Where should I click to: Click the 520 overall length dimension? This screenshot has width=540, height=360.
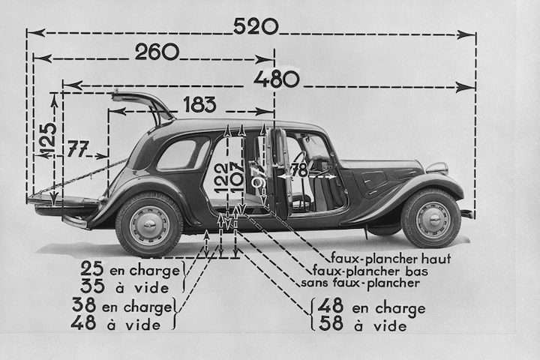[255, 26]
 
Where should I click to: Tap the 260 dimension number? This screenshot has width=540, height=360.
[157, 52]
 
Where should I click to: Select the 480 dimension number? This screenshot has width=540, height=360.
[277, 79]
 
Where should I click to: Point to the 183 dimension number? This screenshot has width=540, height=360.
[199, 104]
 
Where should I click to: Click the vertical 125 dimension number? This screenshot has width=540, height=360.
[47, 140]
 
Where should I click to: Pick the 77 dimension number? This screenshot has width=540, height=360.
[78, 148]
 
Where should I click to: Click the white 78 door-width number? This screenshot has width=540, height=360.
[299, 170]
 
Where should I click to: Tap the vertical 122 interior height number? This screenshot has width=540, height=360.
[221, 178]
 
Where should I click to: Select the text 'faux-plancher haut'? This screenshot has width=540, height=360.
[391, 258]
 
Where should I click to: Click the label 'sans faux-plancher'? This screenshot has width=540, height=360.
[360, 283]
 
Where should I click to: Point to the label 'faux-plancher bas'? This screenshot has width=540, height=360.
[370, 271]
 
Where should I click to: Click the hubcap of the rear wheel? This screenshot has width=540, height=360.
[149, 226]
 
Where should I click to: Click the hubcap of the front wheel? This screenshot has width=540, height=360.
[432, 219]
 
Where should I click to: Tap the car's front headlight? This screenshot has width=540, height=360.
[437, 169]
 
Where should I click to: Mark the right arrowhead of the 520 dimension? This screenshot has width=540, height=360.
[466, 34]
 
